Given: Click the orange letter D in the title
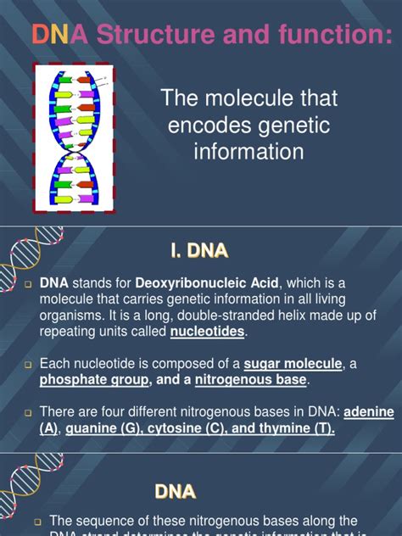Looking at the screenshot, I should (x=39, y=34).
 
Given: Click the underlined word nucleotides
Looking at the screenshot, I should (x=209, y=332).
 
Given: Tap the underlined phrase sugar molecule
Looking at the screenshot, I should (x=293, y=364).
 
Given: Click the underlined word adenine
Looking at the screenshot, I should (x=368, y=412).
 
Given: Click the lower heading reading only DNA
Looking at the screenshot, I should (x=175, y=491).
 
